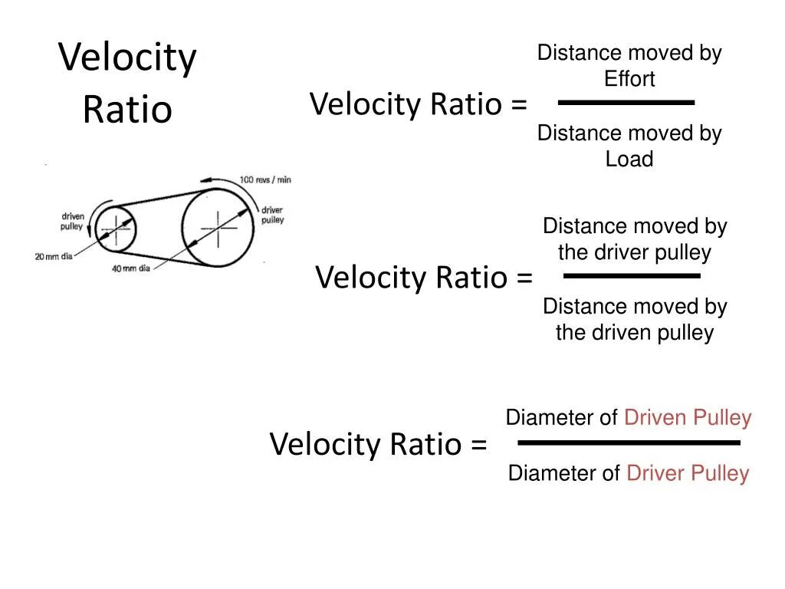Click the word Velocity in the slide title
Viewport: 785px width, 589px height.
pyautogui.click(x=127, y=59)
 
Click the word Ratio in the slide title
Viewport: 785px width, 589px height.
pyautogui.click(x=127, y=110)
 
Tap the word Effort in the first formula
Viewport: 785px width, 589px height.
pyautogui.click(x=629, y=79)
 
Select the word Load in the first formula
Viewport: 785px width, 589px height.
pyautogui.click(x=629, y=160)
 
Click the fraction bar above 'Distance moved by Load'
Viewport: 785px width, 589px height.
pyautogui.click(x=626, y=102)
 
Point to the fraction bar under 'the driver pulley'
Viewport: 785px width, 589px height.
pyautogui.click(x=632, y=275)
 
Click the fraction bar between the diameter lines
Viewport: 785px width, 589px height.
pyautogui.click(x=629, y=443)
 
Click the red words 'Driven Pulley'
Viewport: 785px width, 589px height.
pyautogui.click(x=688, y=418)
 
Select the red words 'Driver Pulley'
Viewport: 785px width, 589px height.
pyautogui.click(x=688, y=473)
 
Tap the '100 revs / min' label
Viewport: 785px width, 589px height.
pyautogui.click(x=265, y=179)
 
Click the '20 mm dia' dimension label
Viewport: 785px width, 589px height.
pyautogui.click(x=54, y=256)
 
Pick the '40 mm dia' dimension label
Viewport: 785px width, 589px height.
pyautogui.click(x=131, y=269)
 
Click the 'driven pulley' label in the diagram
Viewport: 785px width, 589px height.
pyautogui.click(x=73, y=222)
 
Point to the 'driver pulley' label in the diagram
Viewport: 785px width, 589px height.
pyautogui.click(x=272, y=215)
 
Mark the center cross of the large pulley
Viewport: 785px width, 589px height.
pyautogui.click(x=218, y=228)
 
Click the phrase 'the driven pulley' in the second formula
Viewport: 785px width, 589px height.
pyautogui.click(x=635, y=333)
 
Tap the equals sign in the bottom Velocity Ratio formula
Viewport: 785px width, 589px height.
pyautogui.click(x=478, y=445)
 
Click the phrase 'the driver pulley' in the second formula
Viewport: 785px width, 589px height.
pyautogui.click(x=635, y=252)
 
